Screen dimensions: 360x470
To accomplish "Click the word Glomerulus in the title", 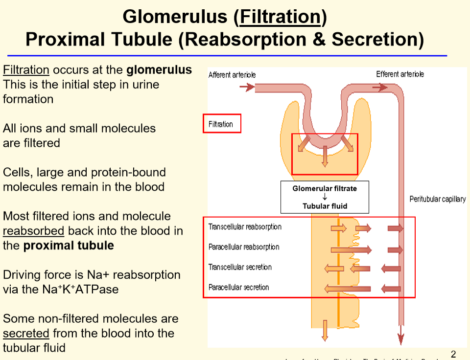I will click(174, 17).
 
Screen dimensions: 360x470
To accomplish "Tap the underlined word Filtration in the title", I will click(279, 17).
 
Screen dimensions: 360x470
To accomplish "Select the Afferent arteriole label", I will click(232, 75).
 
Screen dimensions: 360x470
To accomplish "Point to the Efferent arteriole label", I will click(400, 74).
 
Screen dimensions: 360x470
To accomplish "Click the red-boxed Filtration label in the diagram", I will click(221, 124).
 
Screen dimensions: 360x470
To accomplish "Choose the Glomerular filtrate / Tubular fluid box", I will click(325, 197).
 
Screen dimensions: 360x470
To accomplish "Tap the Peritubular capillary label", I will click(437, 199).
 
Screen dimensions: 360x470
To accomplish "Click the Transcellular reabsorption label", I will click(245, 227).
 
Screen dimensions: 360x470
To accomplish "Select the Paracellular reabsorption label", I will click(244, 247).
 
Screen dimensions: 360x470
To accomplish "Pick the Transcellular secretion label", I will click(240, 267).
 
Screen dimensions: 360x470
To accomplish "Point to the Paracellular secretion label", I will click(238, 287).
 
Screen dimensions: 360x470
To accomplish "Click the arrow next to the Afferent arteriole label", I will click(247, 88).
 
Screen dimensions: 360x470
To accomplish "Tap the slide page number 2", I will click(453, 354).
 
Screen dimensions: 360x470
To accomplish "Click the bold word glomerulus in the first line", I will click(159, 70).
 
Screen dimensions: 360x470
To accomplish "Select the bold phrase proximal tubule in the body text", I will click(69, 246).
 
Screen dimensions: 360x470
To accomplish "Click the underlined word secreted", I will click(26, 334).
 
